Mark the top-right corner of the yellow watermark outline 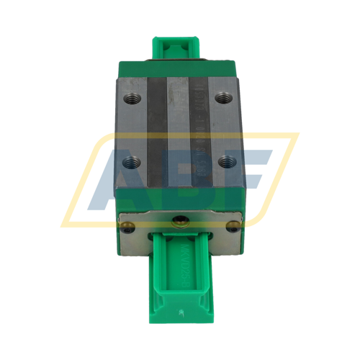coord(297,134)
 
